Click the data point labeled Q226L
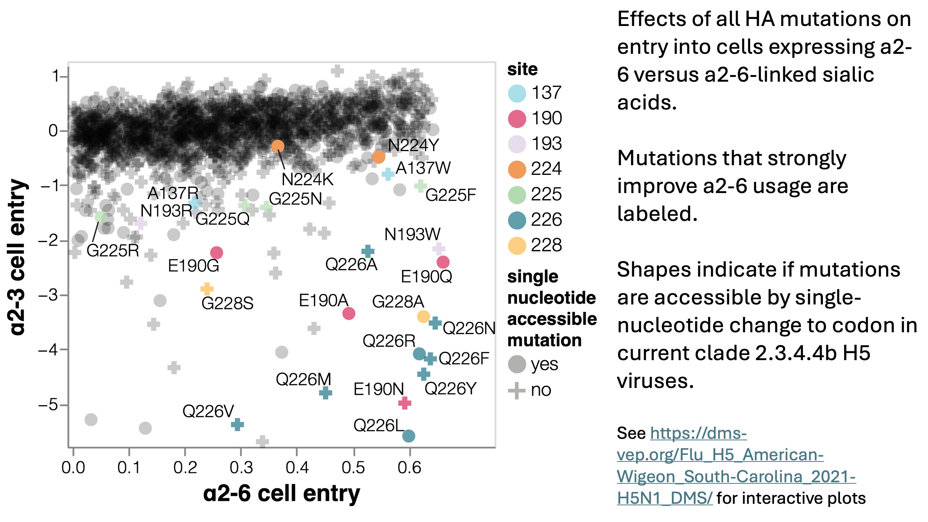[408, 435]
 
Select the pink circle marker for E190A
[349, 313]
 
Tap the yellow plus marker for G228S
[207, 288]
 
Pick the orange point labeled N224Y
[378, 157]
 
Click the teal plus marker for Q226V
[237, 424]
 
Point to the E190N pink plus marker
[405, 403]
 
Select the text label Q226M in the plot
[303, 379]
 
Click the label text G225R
[112, 251]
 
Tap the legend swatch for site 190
[517, 119]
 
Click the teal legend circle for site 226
[517, 220]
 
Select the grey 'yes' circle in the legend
[517, 364]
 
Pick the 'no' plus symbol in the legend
[517, 390]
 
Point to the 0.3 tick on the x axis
[241, 467]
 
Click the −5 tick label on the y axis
[48, 404]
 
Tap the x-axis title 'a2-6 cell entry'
[281, 493]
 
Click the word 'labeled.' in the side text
[657, 214]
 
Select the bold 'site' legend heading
[522, 69]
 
